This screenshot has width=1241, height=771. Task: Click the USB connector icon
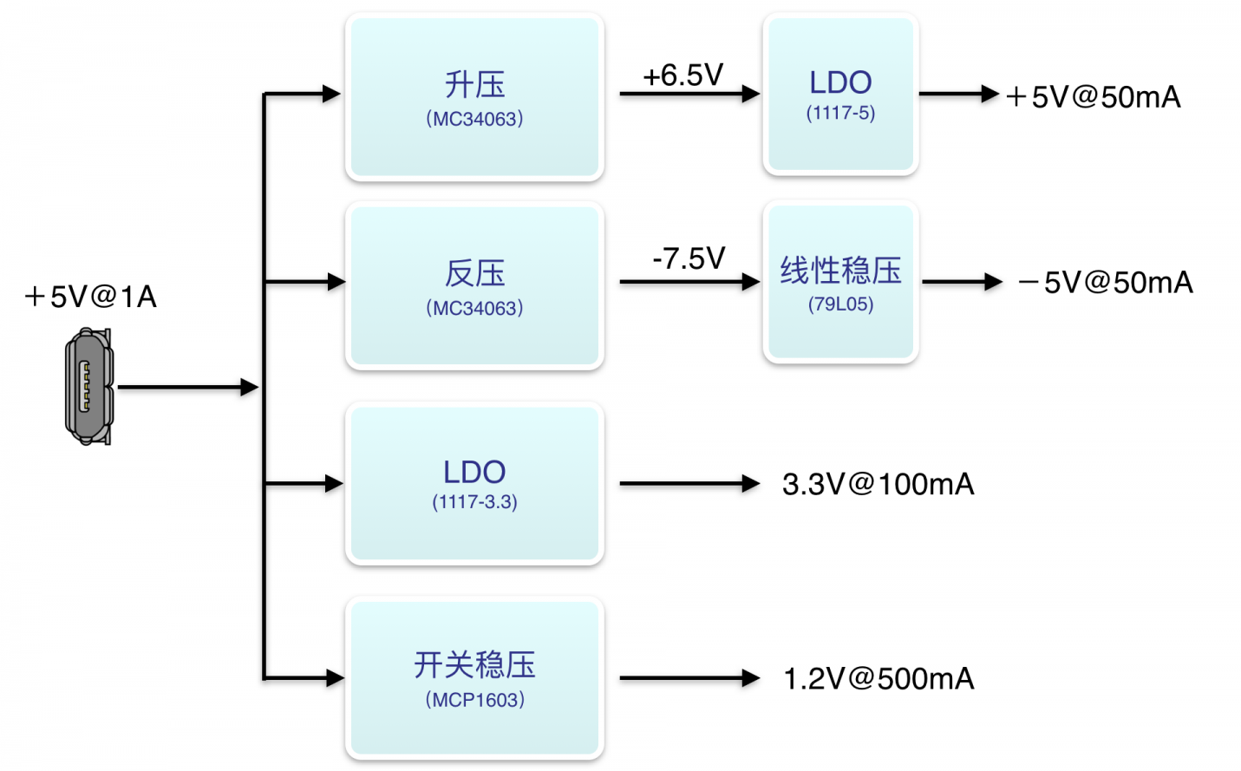pyautogui.click(x=89, y=386)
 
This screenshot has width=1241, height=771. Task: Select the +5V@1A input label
pyautogui.click(x=91, y=297)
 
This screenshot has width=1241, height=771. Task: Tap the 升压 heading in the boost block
pyautogui.click(x=474, y=85)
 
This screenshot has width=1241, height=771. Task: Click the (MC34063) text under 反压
pyautogui.click(x=474, y=308)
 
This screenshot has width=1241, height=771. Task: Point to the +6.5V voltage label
pyautogui.click(x=683, y=75)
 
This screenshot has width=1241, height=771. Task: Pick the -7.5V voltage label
pyautogui.click(x=689, y=258)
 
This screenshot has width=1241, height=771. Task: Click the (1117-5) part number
pyautogui.click(x=840, y=113)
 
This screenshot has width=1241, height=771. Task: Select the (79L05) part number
pyautogui.click(x=840, y=304)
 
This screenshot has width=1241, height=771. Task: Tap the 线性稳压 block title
pyautogui.click(x=840, y=271)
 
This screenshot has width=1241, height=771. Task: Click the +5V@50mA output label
pyautogui.click(x=1093, y=97)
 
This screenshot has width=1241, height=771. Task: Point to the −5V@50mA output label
pyautogui.click(x=1105, y=283)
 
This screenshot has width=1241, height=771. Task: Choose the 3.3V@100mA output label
pyautogui.click(x=878, y=484)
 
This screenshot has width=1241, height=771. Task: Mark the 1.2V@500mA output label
pyautogui.click(x=878, y=678)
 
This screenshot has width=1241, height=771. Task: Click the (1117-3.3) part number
pyautogui.click(x=474, y=502)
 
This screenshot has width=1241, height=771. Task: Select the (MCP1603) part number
pyautogui.click(x=474, y=700)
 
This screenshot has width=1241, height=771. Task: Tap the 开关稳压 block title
pyautogui.click(x=474, y=664)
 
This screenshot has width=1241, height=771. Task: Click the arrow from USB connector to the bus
pyautogui.click(x=188, y=387)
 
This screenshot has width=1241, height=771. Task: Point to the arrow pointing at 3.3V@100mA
pyautogui.click(x=689, y=484)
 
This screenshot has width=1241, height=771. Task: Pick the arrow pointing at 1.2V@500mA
pyautogui.click(x=689, y=678)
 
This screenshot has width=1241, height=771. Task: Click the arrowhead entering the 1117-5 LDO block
pyautogui.click(x=751, y=94)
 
